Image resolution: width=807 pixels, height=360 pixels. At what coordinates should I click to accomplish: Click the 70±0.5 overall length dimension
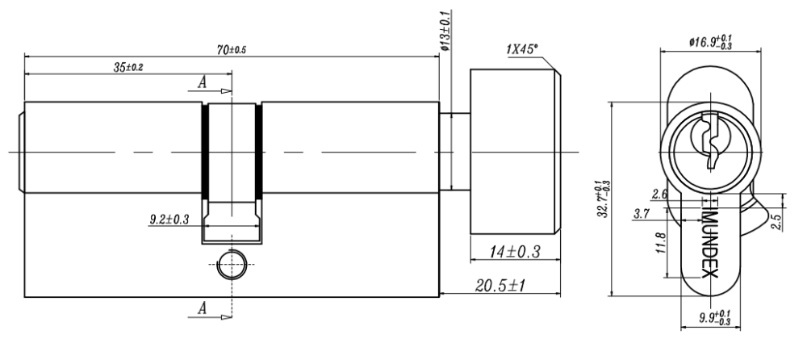click(232, 50)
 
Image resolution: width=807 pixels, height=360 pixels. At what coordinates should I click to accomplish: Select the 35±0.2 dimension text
click(128, 68)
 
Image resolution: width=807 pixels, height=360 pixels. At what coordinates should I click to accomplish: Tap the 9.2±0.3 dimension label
click(169, 220)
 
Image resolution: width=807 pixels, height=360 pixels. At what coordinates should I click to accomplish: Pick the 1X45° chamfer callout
click(522, 49)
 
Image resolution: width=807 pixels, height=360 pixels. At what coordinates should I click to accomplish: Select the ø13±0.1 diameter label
click(445, 30)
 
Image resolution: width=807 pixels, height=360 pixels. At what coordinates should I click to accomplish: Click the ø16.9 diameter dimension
click(711, 42)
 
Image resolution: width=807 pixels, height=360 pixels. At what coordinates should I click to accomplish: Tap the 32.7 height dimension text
click(603, 199)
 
